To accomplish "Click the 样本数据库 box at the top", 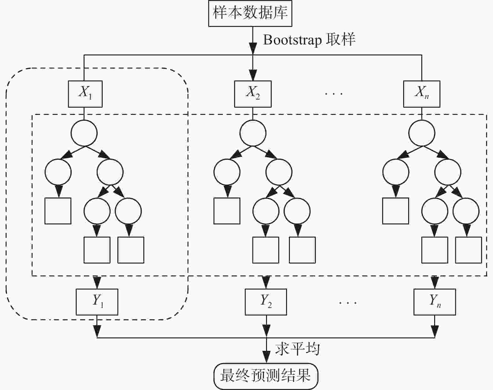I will [250, 13].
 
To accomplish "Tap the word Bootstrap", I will [292, 40].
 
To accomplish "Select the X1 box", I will [85, 94].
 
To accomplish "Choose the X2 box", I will [253, 94].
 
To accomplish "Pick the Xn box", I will [422, 94].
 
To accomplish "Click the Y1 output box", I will [97, 302].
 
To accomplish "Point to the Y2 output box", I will [266, 302].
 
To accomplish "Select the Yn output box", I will [434, 302].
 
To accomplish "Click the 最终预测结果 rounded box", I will [266, 376].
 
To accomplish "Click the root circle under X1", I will [84, 133].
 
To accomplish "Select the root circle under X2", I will [253, 133].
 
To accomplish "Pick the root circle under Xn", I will [422, 133].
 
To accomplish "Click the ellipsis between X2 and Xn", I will [334, 93].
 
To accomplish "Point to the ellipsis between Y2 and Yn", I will [348, 302].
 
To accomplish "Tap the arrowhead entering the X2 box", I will [253, 76].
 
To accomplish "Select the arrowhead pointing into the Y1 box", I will [97, 283].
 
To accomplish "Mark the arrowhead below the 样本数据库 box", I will [253, 49].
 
